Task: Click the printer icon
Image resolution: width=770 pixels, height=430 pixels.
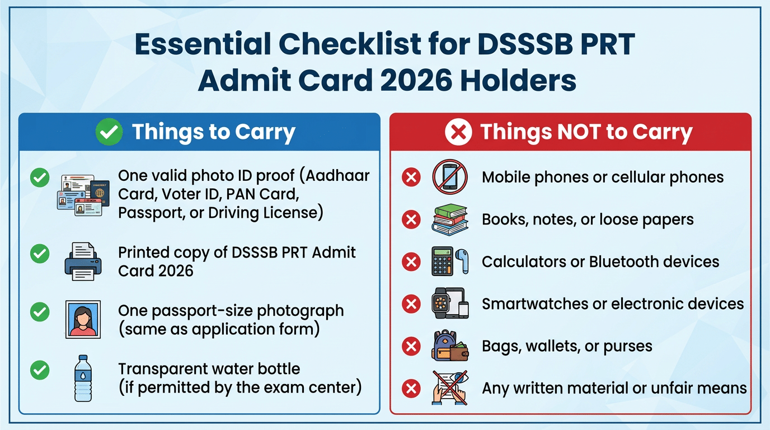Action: click(83, 261)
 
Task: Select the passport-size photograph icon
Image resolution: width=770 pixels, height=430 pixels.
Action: click(83, 319)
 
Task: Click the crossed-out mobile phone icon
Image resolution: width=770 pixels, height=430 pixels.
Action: click(449, 177)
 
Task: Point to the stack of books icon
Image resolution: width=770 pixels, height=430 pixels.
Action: click(449, 219)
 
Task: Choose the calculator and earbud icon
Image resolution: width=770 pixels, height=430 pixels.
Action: click(449, 261)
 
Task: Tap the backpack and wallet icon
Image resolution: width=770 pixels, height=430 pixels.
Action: click(449, 346)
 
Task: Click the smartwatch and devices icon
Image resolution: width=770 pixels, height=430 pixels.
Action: click(449, 303)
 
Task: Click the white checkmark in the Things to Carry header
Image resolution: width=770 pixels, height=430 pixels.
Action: click(109, 132)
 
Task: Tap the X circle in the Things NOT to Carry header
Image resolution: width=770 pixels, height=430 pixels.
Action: click(458, 133)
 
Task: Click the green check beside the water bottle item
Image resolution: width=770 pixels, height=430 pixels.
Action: click(39, 370)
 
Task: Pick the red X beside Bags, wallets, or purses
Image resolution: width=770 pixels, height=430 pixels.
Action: click(411, 346)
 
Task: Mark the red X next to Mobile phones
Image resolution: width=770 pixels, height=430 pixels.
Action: click(411, 177)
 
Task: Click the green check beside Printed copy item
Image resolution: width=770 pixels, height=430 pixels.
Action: click(39, 254)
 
